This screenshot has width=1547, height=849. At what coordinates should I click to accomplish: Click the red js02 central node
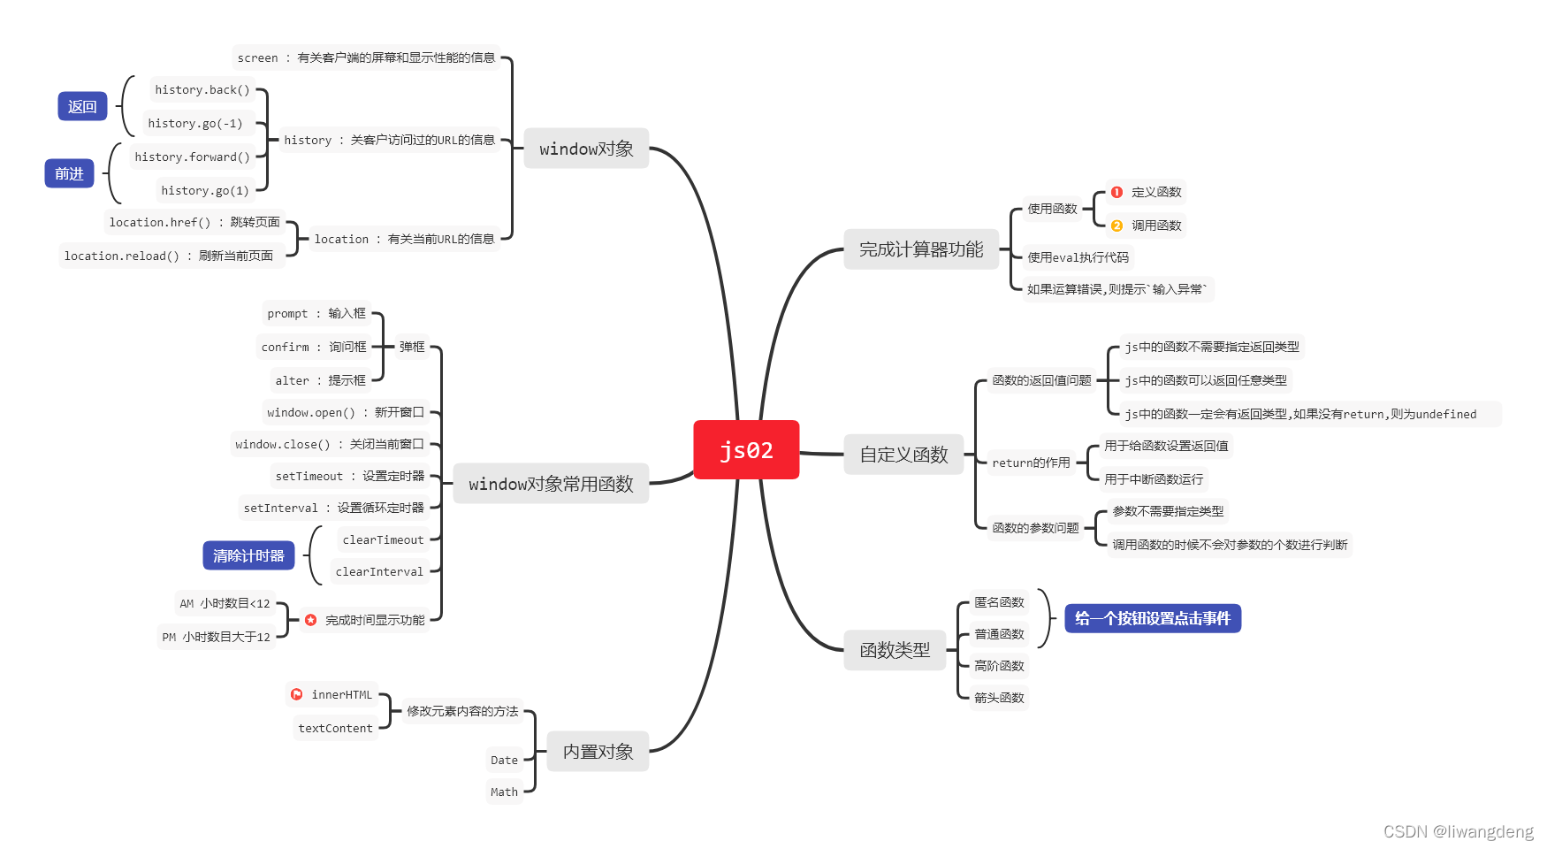click(x=746, y=450)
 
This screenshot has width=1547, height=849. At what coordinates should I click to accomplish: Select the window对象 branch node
click(x=586, y=149)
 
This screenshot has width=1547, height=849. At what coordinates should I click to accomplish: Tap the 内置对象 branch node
click(x=598, y=752)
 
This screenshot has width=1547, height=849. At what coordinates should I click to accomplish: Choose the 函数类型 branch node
click(x=895, y=650)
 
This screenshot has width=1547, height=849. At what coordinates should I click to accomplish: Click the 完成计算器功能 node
click(x=921, y=249)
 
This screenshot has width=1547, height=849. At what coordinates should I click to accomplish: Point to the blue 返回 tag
click(x=82, y=107)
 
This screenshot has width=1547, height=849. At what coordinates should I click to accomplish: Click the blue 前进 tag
click(x=69, y=174)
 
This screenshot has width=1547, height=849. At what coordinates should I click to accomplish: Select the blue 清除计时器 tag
click(x=248, y=555)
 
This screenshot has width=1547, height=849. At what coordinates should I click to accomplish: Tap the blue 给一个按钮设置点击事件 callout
click(x=1153, y=618)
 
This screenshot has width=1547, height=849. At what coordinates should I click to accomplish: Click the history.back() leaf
click(x=202, y=90)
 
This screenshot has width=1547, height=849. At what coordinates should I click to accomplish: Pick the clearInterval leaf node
click(x=379, y=572)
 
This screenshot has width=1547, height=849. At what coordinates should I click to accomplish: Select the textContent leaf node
click(x=335, y=729)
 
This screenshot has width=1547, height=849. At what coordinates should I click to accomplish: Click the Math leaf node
click(x=504, y=792)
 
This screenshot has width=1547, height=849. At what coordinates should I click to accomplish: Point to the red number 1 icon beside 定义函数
click(x=1116, y=192)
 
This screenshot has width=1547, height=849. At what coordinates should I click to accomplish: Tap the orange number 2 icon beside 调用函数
click(x=1116, y=226)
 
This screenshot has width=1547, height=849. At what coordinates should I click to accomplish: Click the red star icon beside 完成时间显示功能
click(x=310, y=620)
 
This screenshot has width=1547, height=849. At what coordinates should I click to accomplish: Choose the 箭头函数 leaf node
click(x=999, y=698)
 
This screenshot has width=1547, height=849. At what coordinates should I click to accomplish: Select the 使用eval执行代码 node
click(x=1078, y=257)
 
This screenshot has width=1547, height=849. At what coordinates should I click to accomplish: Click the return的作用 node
click(x=1031, y=463)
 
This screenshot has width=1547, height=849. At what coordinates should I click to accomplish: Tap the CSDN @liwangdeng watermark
click(x=1458, y=831)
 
